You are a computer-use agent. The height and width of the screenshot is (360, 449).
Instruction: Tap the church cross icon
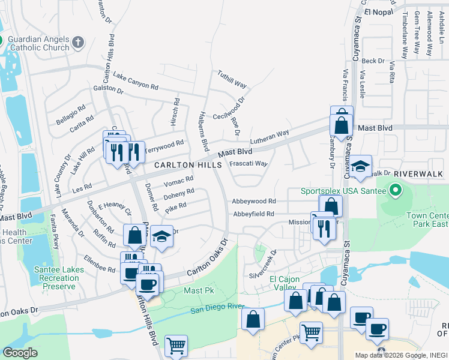pos(77,42)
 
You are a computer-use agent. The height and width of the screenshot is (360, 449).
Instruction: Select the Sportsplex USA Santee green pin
pos(395,191)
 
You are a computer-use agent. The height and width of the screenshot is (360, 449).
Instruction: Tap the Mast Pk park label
pos(194,291)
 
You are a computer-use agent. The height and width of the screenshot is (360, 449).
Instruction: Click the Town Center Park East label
pos(427,220)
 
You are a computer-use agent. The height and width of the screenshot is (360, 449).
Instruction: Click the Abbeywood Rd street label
pos(255,202)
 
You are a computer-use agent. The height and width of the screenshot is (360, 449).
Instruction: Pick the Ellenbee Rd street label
pos(99,265)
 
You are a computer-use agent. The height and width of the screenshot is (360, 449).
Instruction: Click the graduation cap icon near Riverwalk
pos(361,168)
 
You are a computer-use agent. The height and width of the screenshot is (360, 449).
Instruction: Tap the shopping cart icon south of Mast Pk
pos(176,346)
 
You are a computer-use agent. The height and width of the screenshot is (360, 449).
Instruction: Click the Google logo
pos(20,353)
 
